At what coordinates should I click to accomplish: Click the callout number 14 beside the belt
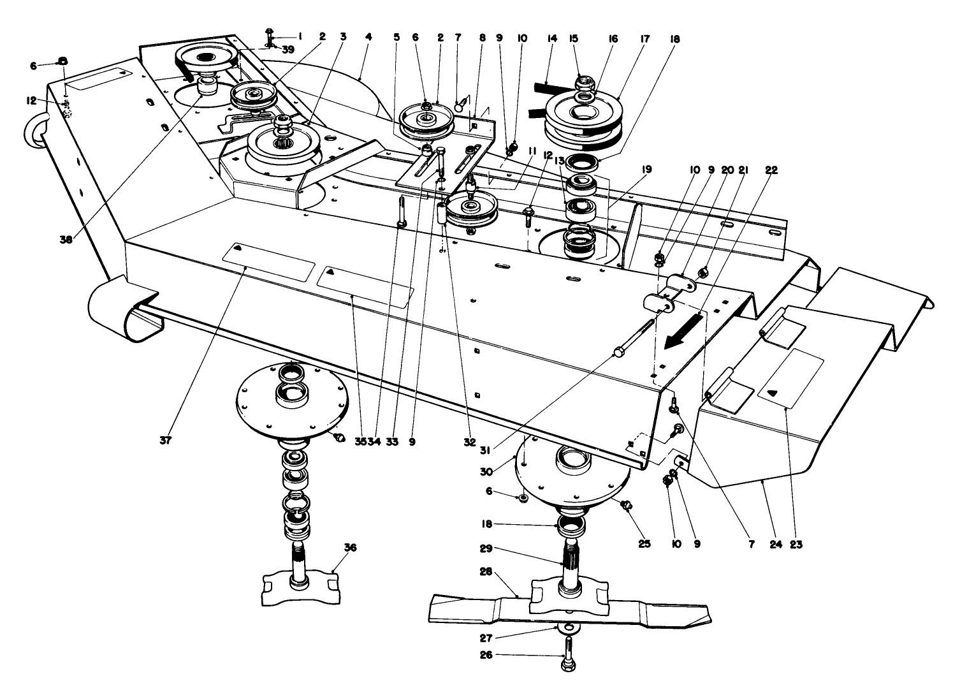pyautogui.click(x=552, y=38)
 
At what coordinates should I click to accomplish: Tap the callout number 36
pyautogui.click(x=349, y=547)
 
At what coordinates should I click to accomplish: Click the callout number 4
pyautogui.click(x=368, y=38)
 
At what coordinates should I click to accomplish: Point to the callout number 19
pyautogui.click(x=646, y=171)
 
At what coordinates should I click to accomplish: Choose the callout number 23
pyautogui.click(x=796, y=545)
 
